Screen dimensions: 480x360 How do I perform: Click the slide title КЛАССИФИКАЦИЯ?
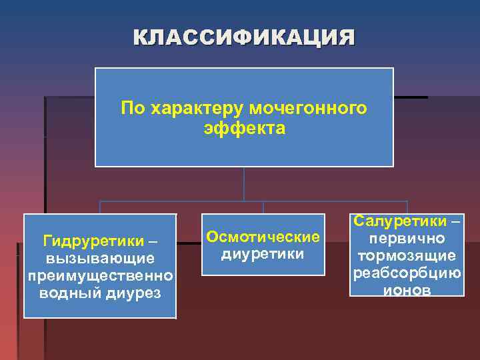point(244,37)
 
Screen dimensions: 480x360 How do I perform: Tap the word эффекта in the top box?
point(244,127)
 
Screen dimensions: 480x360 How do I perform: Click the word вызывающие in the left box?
point(100,257)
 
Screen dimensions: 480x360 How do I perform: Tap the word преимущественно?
point(100,275)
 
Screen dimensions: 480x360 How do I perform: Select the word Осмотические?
point(263,237)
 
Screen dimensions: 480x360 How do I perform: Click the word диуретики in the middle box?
point(263,254)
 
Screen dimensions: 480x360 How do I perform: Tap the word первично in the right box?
point(407,238)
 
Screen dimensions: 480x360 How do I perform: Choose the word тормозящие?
point(407,255)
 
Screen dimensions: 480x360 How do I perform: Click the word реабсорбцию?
point(407,273)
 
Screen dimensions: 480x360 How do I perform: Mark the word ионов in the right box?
point(407,290)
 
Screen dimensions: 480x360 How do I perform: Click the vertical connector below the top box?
point(244,183)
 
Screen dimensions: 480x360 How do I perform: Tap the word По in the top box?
point(131,108)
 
